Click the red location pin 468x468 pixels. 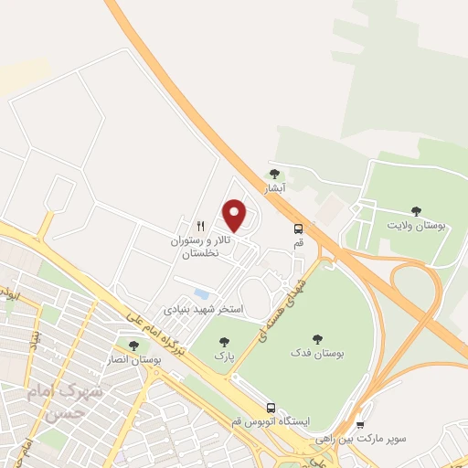(236, 215)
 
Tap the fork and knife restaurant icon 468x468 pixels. (200, 226)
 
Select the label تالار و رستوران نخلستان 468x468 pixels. (200, 247)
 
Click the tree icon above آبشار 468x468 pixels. (273, 174)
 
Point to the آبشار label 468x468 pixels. (275, 188)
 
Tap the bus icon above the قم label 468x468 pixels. (298, 229)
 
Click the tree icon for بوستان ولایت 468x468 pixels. (417, 211)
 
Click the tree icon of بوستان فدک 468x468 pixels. (317, 339)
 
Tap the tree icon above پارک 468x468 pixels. (224, 342)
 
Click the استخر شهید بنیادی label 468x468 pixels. (203, 310)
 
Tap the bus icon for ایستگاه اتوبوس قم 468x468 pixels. (271, 408)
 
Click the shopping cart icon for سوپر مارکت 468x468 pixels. (359, 425)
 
